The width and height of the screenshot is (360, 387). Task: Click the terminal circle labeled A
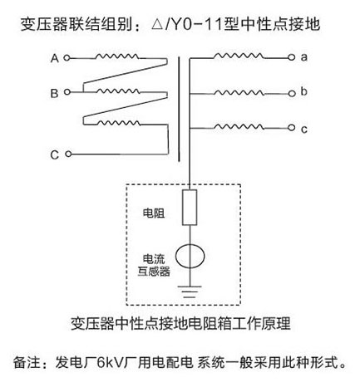click(x=67, y=58)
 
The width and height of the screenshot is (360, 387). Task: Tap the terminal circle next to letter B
click(x=67, y=91)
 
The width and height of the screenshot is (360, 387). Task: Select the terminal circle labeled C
click(x=68, y=154)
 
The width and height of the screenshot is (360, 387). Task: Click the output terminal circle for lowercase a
click(x=291, y=57)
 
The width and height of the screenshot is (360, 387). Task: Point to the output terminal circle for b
click(x=292, y=94)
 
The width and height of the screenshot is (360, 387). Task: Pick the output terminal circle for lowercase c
click(x=291, y=128)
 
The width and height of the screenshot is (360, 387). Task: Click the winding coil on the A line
click(x=117, y=56)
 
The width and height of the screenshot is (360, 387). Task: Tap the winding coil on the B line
click(x=118, y=91)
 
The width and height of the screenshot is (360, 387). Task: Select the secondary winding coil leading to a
click(x=239, y=56)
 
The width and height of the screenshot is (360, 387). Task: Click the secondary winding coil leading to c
click(x=239, y=127)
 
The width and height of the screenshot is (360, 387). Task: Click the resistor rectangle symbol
click(x=190, y=208)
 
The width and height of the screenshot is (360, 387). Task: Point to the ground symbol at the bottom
click(x=190, y=291)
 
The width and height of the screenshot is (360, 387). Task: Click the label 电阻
click(x=154, y=213)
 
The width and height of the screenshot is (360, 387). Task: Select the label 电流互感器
click(x=154, y=265)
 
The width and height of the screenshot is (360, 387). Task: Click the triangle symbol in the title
click(x=157, y=24)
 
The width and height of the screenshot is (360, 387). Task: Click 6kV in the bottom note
click(x=110, y=363)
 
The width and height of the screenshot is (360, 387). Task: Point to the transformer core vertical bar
click(x=179, y=109)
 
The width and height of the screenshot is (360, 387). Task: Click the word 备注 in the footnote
click(x=27, y=363)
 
